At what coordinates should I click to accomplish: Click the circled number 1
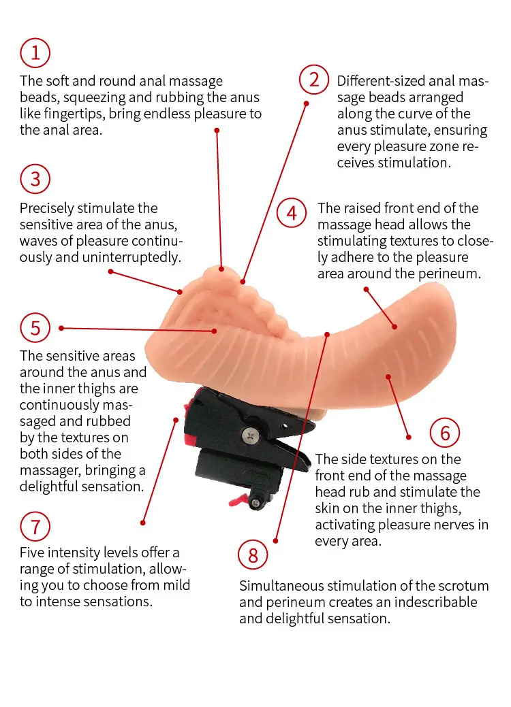[x=35, y=53]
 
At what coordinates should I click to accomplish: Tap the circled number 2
[x=314, y=80]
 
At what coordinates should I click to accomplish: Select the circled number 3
[x=35, y=179]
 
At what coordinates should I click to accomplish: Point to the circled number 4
[x=292, y=213]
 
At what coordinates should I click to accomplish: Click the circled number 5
[x=35, y=328]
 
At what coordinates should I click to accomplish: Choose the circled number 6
[x=445, y=433]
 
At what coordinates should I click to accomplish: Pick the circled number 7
[x=35, y=526]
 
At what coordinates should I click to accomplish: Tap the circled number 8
[x=253, y=555]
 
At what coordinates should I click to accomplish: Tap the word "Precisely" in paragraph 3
[x=47, y=208]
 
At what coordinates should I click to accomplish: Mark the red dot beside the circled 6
[x=409, y=437]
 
